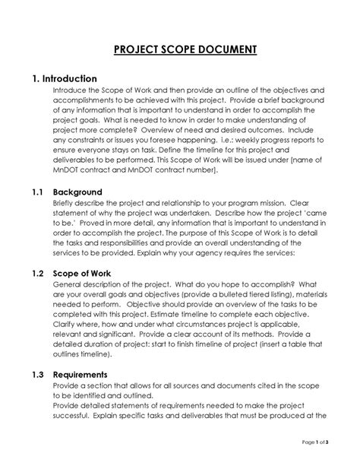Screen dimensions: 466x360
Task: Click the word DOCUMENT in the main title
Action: [222, 51]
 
